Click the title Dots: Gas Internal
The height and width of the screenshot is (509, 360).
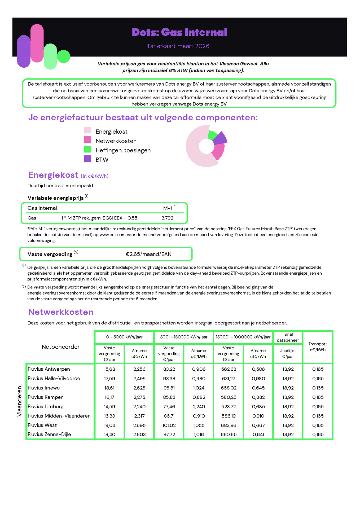pyautogui.click(x=179, y=32)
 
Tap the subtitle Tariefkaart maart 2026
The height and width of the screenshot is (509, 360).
pyautogui.click(x=178, y=46)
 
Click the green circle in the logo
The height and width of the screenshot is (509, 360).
pyautogui.click(x=64, y=56)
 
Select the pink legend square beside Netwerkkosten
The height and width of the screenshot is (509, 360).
pyautogui.click(x=87, y=139)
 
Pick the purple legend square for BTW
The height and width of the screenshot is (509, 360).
pyautogui.click(x=87, y=159)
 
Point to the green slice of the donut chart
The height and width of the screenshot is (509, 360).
pyautogui.click(x=212, y=135)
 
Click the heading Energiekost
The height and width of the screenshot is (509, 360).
pyautogui.click(x=53, y=175)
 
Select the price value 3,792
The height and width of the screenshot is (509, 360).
pyautogui.click(x=167, y=218)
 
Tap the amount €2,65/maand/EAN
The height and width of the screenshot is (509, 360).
pyautogui.click(x=148, y=254)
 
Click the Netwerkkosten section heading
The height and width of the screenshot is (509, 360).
pyautogui.click(x=61, y=312)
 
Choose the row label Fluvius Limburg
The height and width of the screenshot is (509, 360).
pyautogui.click(x=46, y=406)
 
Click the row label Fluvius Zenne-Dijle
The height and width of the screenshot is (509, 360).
pyautogui.click(x=49, y=435)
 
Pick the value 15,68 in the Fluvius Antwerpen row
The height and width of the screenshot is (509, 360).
pyautogui.click(x=109, y=369)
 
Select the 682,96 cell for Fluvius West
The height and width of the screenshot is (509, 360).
pyautogui.click(x=229, y=425)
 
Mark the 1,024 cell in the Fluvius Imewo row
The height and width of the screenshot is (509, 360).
pyautogui.click(x=199, y=388)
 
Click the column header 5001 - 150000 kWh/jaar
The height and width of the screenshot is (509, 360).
pyautogui.click(x=184, y=337)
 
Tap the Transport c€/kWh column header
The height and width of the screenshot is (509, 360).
pyautogui.click(x=318, y=347)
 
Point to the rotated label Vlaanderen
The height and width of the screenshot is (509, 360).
pyautogui.click(x=19, y=401)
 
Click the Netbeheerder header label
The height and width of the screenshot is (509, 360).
pyautogui.click(x=60, y=347)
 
